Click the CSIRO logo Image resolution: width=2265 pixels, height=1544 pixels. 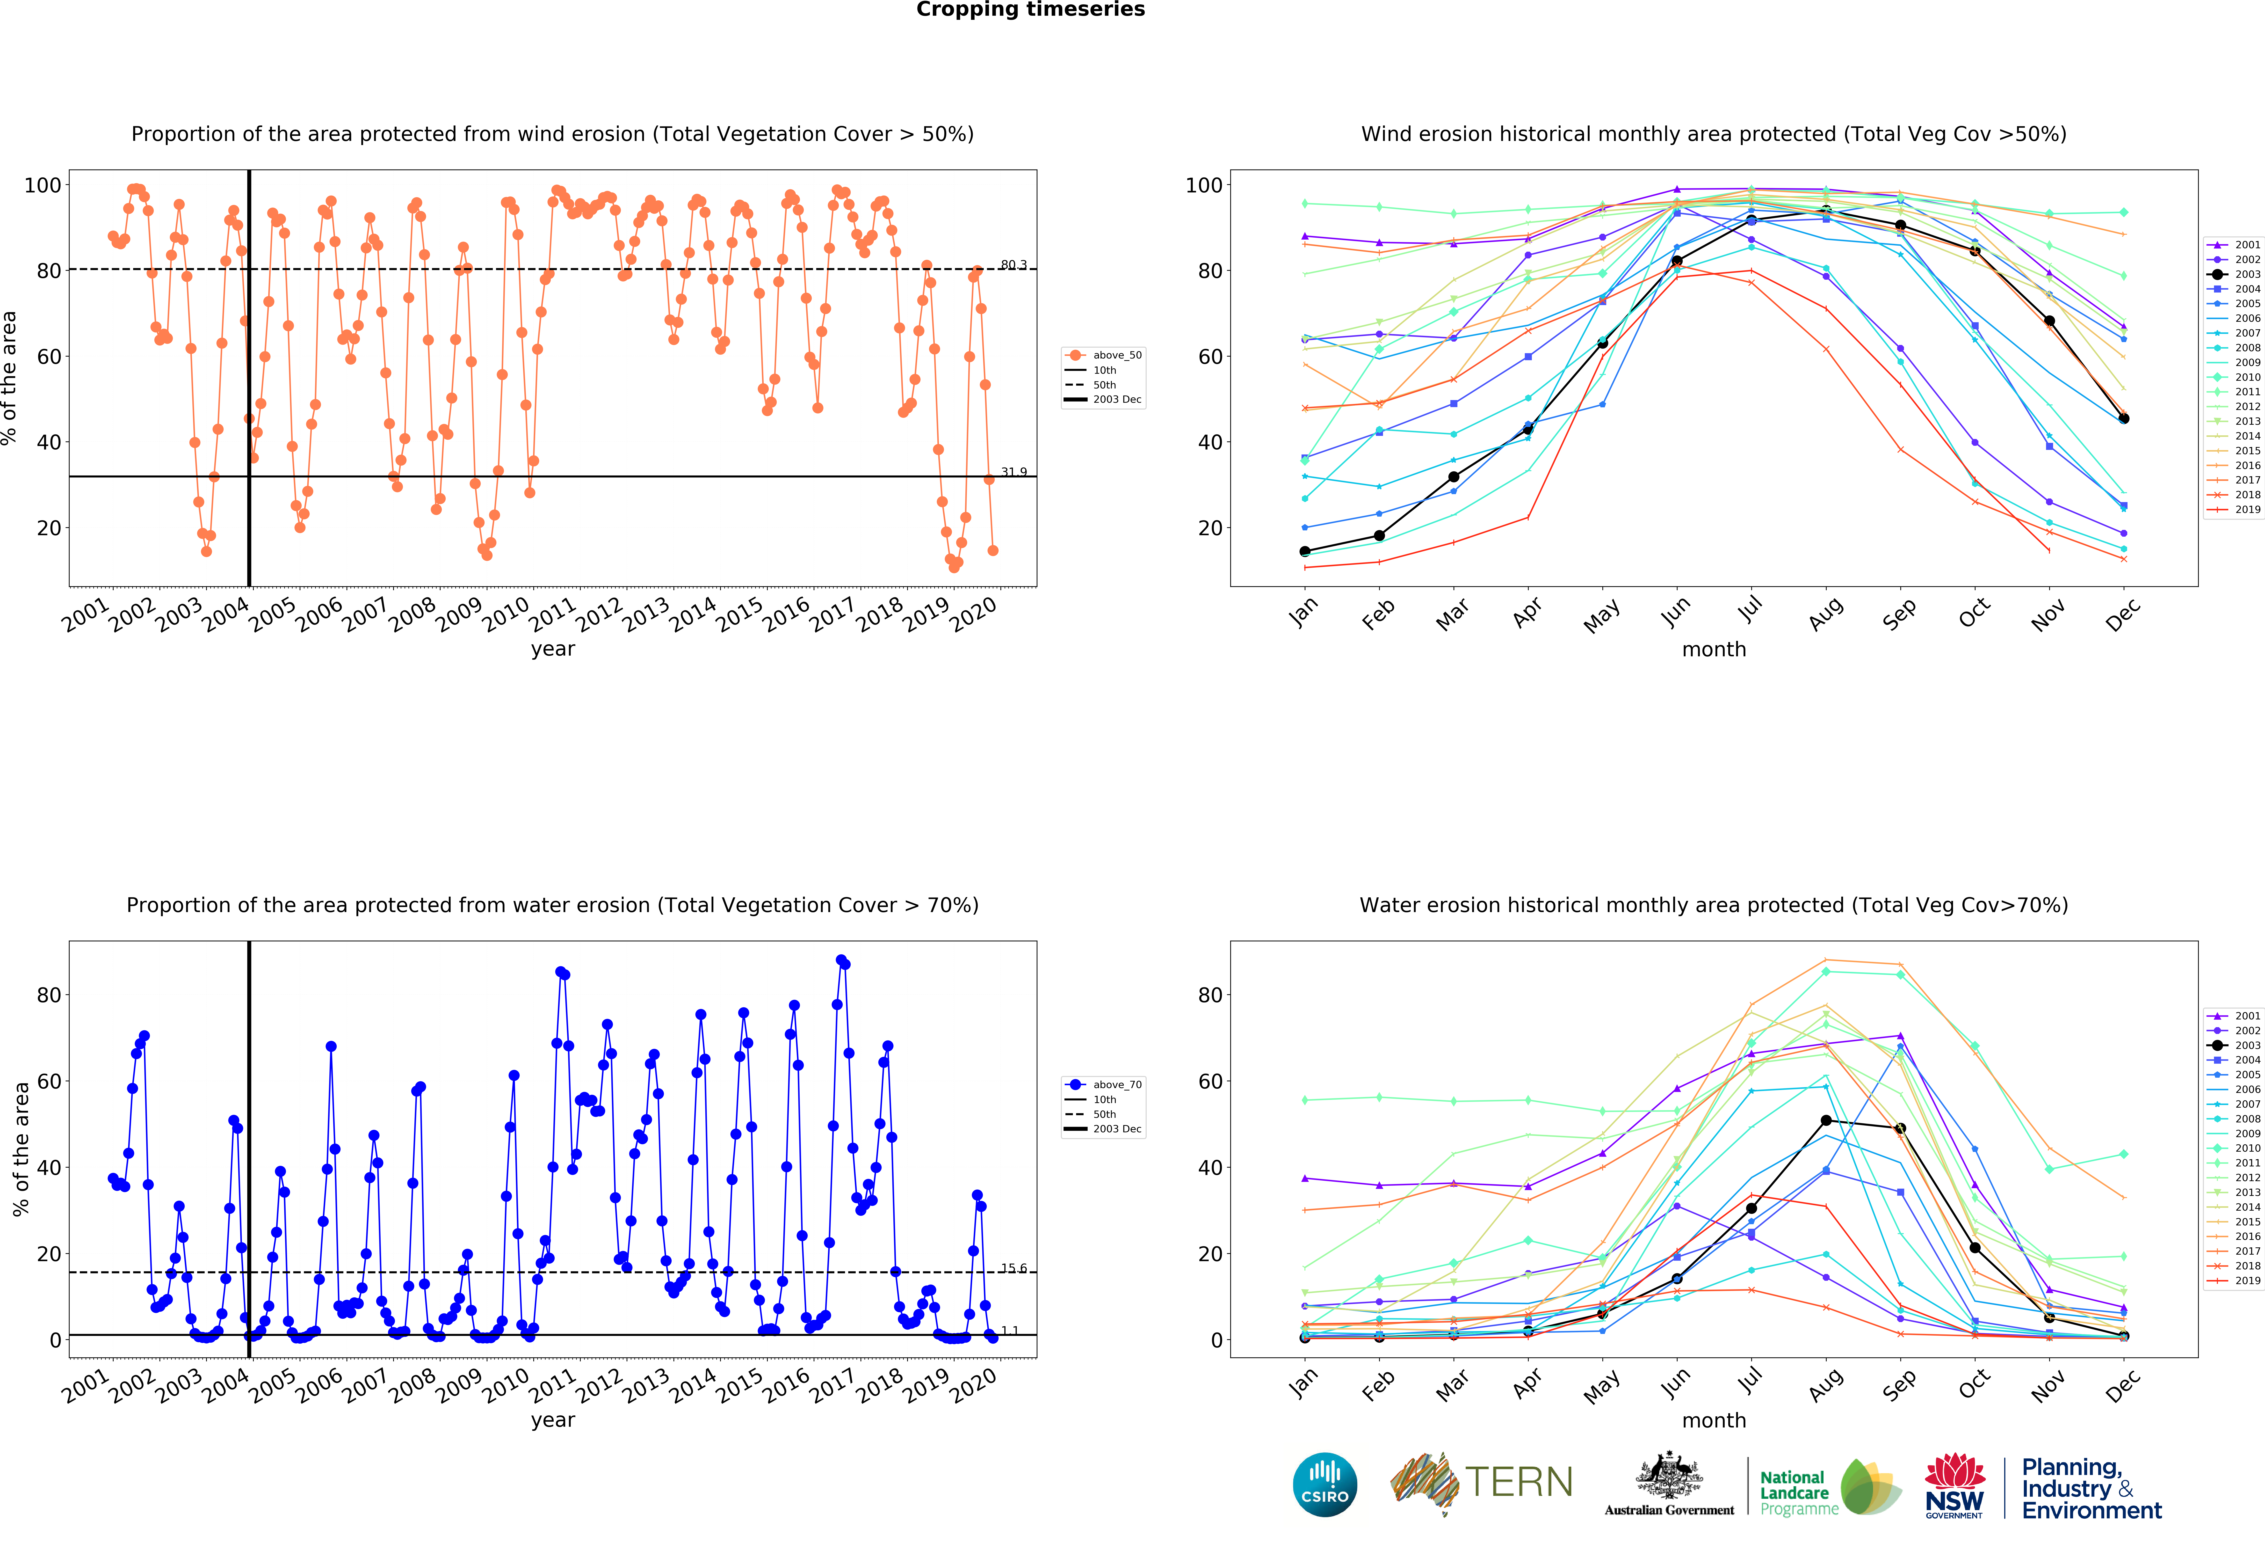click(1324, 1485)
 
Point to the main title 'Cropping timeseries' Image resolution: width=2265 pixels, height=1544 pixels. click(1030, 10)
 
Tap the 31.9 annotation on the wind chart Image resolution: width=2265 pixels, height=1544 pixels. click(1013, 472)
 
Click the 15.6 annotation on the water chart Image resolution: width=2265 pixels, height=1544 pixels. click(1013, 1268)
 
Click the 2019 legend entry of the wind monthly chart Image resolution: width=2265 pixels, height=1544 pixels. click(2235, 509)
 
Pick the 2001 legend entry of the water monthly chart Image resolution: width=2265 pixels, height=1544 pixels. click(2235, 1016)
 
